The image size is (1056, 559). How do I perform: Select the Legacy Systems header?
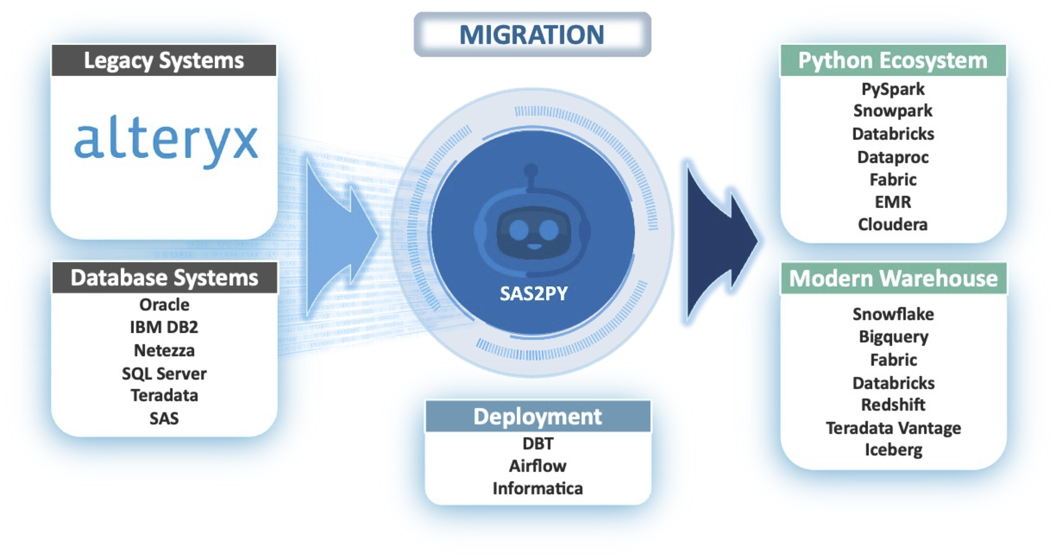point(164,60)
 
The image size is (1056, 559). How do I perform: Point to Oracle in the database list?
point(164,305)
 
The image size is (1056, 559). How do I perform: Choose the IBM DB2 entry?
point(164,327)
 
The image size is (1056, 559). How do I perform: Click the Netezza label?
point(164,350)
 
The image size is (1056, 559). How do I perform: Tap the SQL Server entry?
point(164,373)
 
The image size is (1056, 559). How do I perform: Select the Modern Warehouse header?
point(894,278)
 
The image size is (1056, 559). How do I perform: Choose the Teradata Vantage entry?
point(894,428)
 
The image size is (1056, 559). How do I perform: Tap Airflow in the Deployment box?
point(538,466)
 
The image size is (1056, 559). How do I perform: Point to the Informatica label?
point(538,489)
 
